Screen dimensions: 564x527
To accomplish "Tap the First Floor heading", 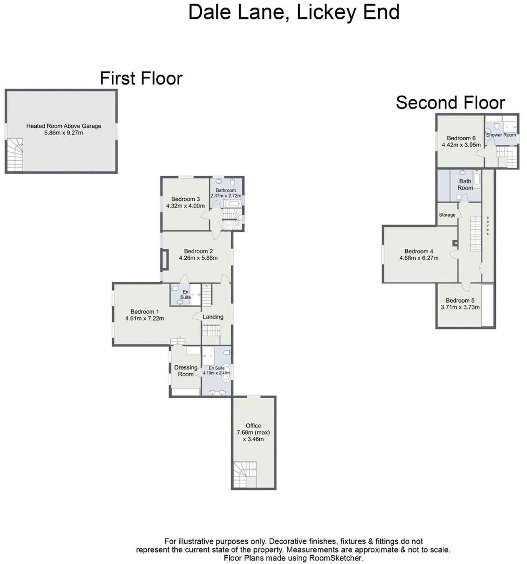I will point(141,78).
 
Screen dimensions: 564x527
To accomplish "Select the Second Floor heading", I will point(450,103).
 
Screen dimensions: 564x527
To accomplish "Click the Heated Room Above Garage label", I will point(63,126).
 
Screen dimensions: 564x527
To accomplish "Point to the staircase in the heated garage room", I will point(15,155).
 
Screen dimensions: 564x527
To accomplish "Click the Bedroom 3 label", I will point(185,199).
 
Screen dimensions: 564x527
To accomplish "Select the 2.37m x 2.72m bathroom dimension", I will point(226,195).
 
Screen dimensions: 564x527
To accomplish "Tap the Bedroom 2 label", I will point(198,251).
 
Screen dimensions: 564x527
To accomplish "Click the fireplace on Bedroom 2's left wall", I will point(165,260).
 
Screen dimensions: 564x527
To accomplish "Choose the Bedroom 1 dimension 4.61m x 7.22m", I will point(144,319).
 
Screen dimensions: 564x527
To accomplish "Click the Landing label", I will point(213,317).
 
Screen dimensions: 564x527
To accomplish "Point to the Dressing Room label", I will point(186,371).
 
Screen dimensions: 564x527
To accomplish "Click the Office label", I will point(253,426).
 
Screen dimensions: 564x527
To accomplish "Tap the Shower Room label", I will point(501,135).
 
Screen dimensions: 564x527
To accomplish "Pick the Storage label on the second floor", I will point(447,215).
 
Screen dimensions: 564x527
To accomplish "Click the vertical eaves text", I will point(487,225).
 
